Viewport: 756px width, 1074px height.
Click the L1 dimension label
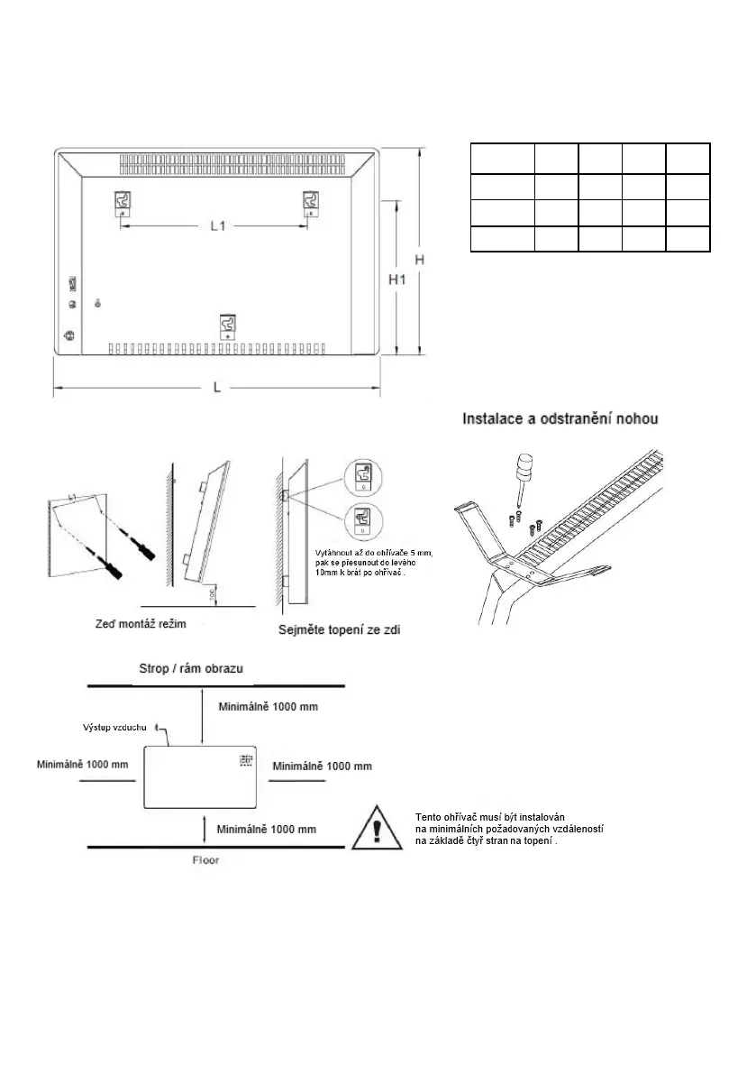pos(217,226)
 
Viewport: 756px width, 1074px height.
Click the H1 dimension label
pos(397,280)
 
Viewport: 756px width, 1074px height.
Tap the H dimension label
pos(420,260)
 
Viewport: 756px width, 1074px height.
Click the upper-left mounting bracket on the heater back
pos(124,202)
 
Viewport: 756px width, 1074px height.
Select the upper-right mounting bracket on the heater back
pos(311,202)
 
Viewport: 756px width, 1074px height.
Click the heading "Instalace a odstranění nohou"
pos(560,419)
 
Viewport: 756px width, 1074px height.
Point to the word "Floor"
pos(205,860)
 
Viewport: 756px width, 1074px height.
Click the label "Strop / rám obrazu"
pos(190,669)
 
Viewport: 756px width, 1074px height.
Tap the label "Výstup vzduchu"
pos(123,726)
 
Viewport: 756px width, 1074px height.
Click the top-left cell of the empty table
pos(502,158)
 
